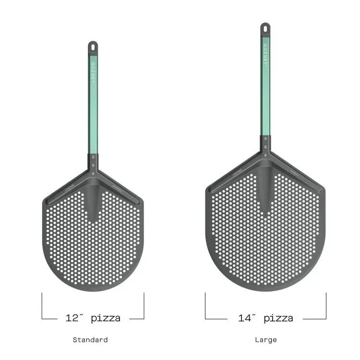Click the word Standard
pos(90,340)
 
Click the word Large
pos(265,340)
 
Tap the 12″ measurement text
pos(75,318)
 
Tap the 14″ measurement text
pos(248,318)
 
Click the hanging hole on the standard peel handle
pos(93,47)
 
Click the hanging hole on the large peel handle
pos(265,28)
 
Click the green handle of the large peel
pos(265,96)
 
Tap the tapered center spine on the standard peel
pos(93,202)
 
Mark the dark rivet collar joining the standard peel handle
pos(93,163)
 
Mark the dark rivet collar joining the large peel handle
pos(265,145)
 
